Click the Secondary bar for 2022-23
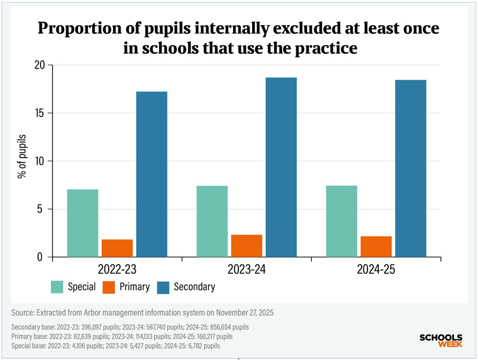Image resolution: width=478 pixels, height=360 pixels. point(152,174)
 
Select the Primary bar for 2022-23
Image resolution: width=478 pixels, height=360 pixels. point(117,248)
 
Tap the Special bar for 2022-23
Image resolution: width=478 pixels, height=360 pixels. point(82,223)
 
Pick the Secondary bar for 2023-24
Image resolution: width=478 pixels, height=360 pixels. point(281,167)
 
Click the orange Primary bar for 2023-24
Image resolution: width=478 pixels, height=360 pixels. point(247,245)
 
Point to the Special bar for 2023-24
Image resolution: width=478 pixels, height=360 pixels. point(212,221)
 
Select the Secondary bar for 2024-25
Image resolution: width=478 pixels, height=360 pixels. point(411,168)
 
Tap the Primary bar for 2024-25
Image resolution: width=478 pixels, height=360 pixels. point(376,247)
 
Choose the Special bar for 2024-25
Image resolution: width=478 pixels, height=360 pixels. point(342,221)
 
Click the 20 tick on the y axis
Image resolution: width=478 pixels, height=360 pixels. point(40,65)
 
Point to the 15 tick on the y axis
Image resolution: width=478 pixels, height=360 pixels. point(40,113)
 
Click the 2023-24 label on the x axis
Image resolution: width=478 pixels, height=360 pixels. point(247,270)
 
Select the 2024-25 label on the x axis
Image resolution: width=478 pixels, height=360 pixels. point(376,270)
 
